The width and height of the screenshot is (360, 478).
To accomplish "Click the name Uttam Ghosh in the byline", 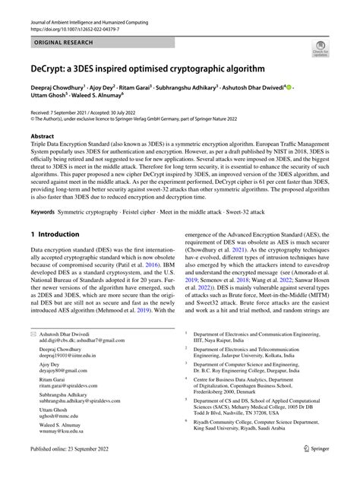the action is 52,99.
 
